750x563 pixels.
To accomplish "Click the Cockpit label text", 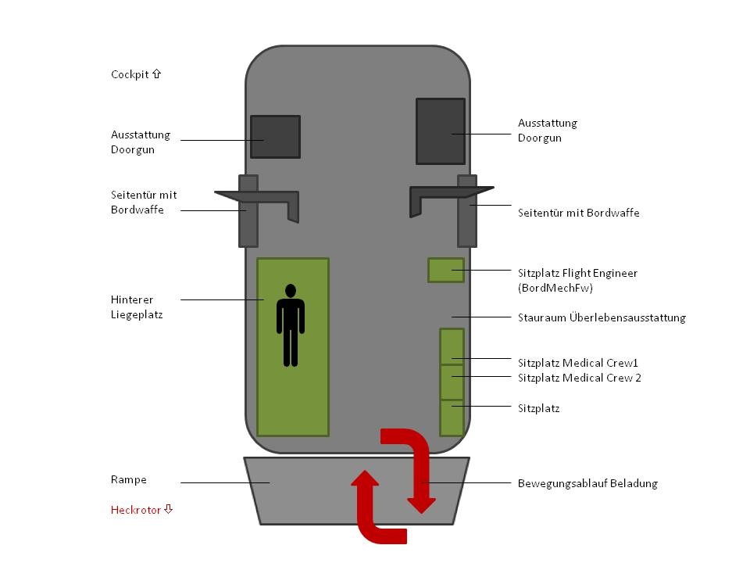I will point(135,74).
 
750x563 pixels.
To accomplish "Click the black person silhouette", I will point(291,325).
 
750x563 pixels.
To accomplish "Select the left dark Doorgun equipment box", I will point(275,137).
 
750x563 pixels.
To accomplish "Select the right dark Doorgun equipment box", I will point(440,131).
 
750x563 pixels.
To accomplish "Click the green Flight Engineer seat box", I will point(445,270).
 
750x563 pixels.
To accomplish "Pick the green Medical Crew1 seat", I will point(452,346).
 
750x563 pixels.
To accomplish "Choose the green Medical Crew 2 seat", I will point(452,382).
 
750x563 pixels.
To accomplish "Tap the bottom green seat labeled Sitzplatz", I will point(452,418).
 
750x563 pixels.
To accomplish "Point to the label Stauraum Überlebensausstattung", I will point(601,317).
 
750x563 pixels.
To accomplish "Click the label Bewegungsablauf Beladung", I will point(587,483).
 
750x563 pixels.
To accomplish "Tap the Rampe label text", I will point(128,479).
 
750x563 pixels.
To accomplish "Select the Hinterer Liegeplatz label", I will point(136,307).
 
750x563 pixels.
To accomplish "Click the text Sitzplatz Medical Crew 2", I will point(579,378).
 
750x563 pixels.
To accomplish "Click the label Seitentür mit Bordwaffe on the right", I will point(578,213).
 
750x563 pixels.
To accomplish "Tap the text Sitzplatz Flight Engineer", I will point(577,273).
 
